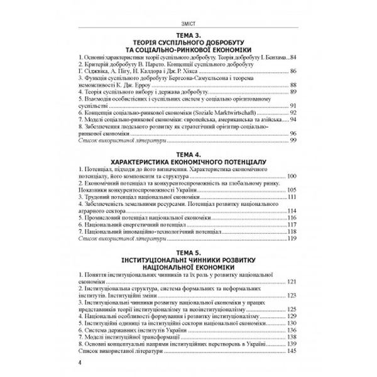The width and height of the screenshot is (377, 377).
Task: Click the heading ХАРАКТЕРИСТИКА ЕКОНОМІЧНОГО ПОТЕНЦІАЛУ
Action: tap(188, 163)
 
